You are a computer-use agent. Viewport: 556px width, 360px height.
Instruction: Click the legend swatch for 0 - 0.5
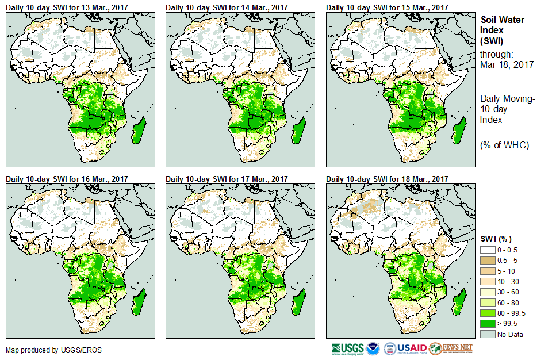point(488,250)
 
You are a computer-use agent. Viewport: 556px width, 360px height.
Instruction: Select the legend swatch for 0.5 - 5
point(488,261)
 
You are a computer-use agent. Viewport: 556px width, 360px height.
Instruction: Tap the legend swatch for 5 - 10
point(488,271)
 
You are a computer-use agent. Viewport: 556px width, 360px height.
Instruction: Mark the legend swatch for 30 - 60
point(488,292)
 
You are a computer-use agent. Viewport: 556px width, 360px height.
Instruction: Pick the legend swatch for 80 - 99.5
point(488,313)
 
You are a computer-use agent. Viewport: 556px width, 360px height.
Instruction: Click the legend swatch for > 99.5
point(488,323)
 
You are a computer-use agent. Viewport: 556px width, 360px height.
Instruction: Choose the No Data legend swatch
point(488,334)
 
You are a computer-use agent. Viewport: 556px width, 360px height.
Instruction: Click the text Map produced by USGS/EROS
point(46,350)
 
